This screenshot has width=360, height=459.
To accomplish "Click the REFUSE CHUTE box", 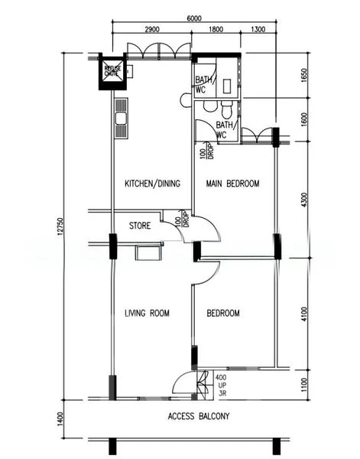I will (x=113, y=72).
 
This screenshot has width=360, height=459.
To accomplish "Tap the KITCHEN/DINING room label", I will (x=153, y=184).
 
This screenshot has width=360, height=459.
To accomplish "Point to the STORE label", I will (x=139, y=226).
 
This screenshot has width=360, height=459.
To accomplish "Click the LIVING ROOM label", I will (x=147, y=313).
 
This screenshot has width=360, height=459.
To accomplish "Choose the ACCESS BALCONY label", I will (x=199, y=417).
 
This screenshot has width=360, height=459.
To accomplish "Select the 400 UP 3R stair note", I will (x=221, y=384).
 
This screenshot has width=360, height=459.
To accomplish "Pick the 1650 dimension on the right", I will (x=304, y=76).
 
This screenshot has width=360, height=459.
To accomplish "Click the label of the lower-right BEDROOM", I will (x=224, y=313).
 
